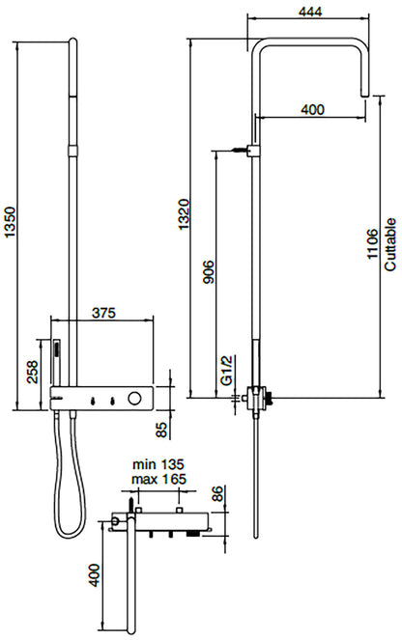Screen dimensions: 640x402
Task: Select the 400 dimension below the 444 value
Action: (312, 110)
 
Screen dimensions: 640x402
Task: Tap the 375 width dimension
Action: (106, 313)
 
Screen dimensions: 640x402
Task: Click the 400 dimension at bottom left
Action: (94, 577)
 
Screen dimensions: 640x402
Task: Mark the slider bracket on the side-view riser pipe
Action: (252, 151)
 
